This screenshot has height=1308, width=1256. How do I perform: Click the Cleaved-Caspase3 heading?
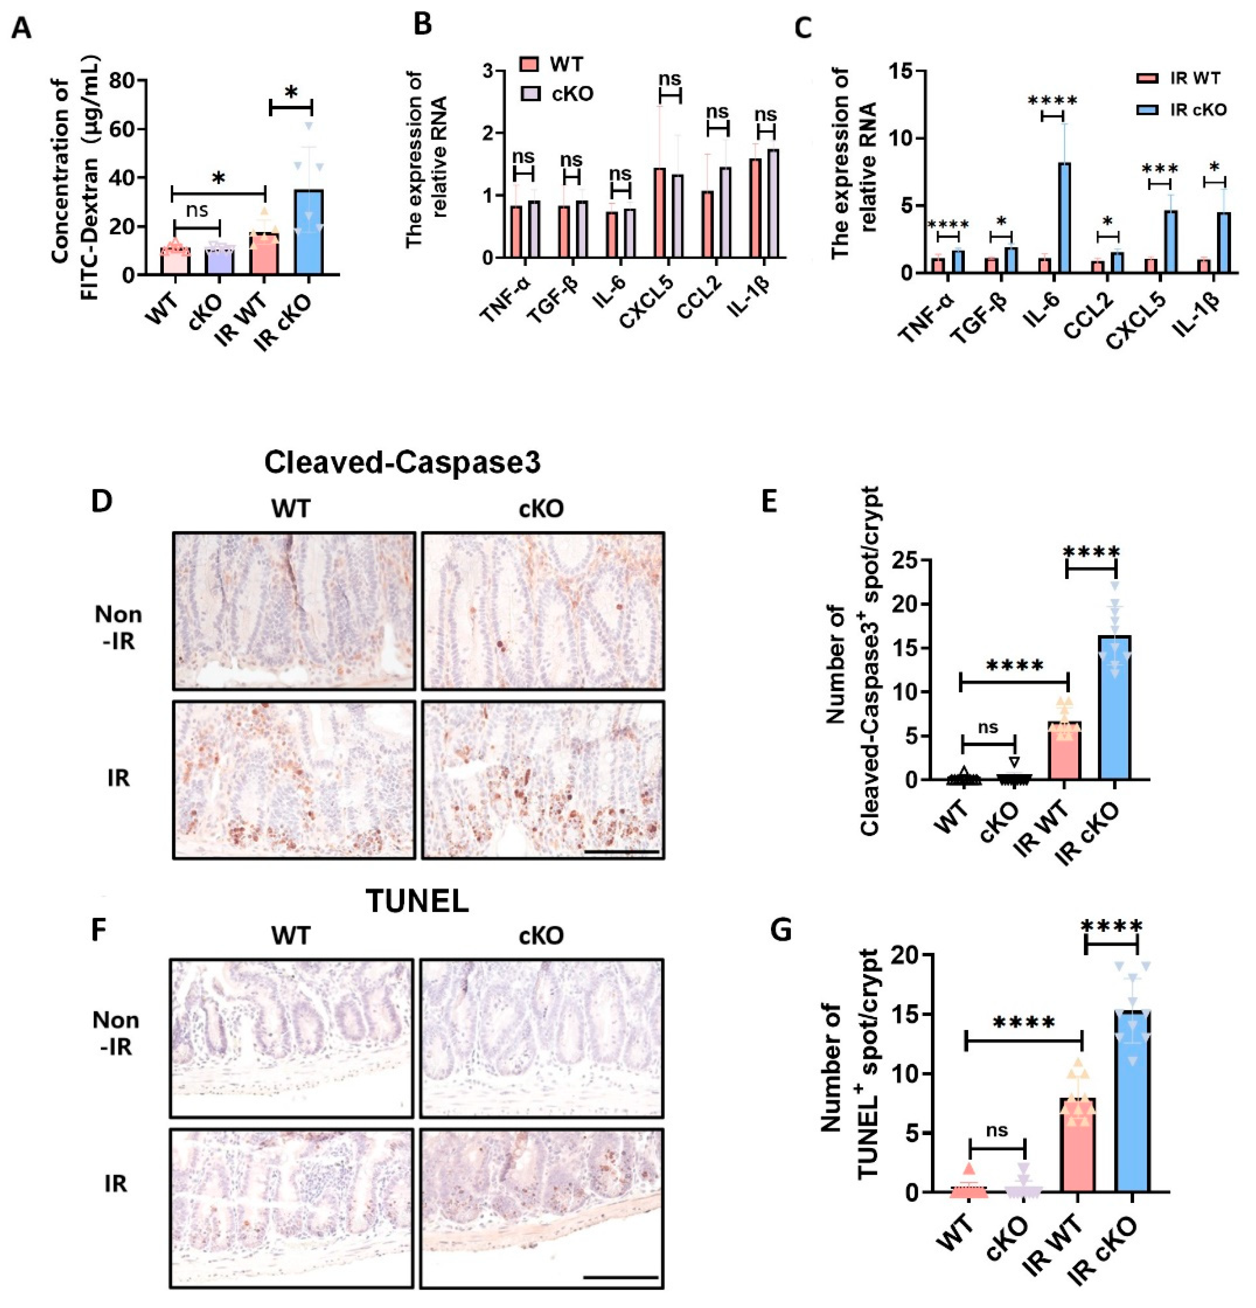pos(402,462)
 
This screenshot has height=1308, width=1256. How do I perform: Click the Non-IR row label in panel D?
pos(118,627)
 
